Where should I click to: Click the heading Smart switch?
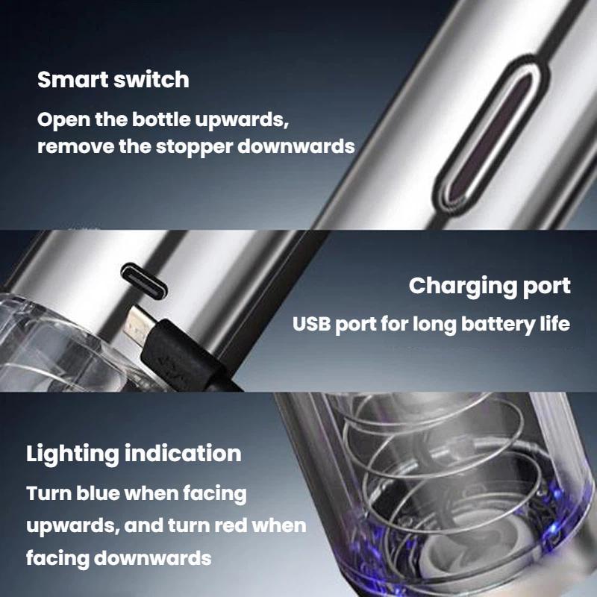tap(113, 80)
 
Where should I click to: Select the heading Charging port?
tap(490, 286)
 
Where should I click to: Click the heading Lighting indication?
tap(134, 454)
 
